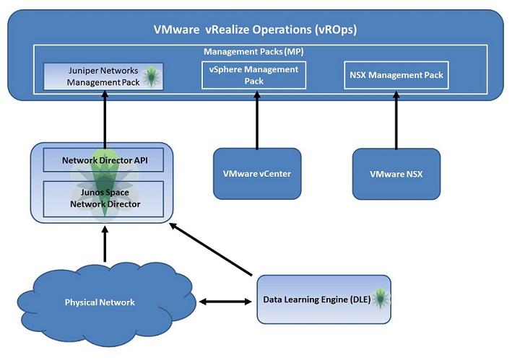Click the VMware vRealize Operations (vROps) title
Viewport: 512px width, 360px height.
point(256,30)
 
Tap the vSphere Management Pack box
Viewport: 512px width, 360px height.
point(253,75)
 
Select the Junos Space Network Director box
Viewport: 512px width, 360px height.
point(105,198)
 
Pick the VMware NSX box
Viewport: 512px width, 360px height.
point(396,174)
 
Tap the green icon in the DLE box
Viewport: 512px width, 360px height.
point(381,299)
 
